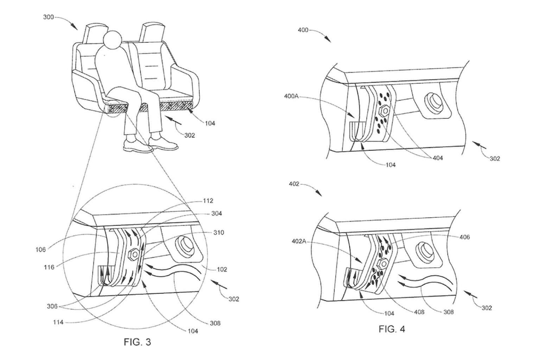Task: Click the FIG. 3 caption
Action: [x=137, y=342]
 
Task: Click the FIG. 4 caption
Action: [x=392, y=329]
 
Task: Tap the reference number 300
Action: [x=49, y=17]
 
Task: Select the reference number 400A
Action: [x=291, y=96]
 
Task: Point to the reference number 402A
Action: [x=299, y=241]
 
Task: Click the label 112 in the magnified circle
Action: [x=208, y=201]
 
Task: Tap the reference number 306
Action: [x=52, y=306]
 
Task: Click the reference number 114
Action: [x=58, y=322]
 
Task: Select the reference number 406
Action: [x=465, y=237]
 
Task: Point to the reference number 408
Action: [x=419, y=312]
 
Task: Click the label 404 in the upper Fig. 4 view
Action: [x=438, y=158]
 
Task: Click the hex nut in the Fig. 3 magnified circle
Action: [x=134, y=254]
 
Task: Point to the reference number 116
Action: [x=49, y=267]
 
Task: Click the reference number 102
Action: [x=222, y=270]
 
